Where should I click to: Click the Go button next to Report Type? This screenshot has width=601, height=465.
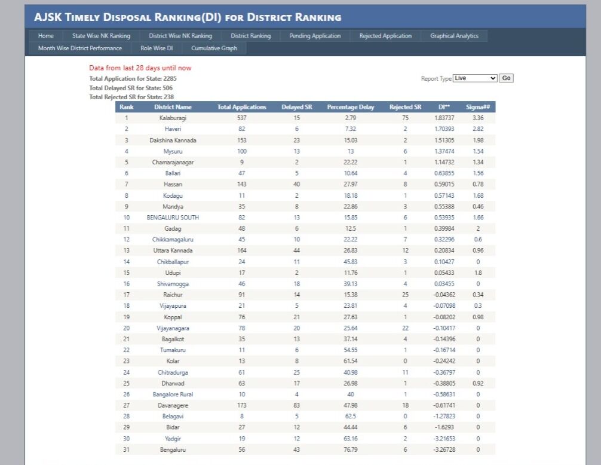[x=507, y=78]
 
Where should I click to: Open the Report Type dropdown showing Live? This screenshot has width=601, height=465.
[x=475, y=78]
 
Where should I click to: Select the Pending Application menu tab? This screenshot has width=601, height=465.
[x=315, y=36]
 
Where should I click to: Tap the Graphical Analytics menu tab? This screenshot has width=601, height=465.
[x=454, y=36]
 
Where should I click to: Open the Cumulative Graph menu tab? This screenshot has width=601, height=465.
[x=214, y=48]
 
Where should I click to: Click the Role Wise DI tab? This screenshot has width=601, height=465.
[x=157, y=48]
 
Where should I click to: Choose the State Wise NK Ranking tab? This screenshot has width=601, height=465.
[x=101, y=36]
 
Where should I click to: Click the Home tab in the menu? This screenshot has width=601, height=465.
[x=46, y=36]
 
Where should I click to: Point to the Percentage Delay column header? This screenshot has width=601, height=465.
[x=351, y=107]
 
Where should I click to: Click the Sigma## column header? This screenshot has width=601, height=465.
[x=478, y=107]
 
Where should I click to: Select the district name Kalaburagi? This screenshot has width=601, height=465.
[x=173, y=118]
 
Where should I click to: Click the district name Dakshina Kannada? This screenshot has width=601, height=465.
[x=173, y=140]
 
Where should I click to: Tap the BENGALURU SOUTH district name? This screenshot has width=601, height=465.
[x=173, y=218]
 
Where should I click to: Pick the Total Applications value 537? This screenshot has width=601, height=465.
[x=241, y=118]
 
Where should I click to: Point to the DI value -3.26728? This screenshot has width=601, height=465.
[x=444, y=449]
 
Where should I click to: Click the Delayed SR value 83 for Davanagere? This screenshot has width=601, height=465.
[x=297, y=405]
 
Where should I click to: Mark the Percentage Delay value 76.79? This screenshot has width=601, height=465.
[x=351, y=449]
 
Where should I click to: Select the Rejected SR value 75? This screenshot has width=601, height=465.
[x=405, y=118]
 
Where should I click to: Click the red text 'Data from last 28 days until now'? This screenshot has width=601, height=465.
[x=140, y=68]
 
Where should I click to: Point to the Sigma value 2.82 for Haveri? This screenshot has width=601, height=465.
[x=478, y=129]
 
